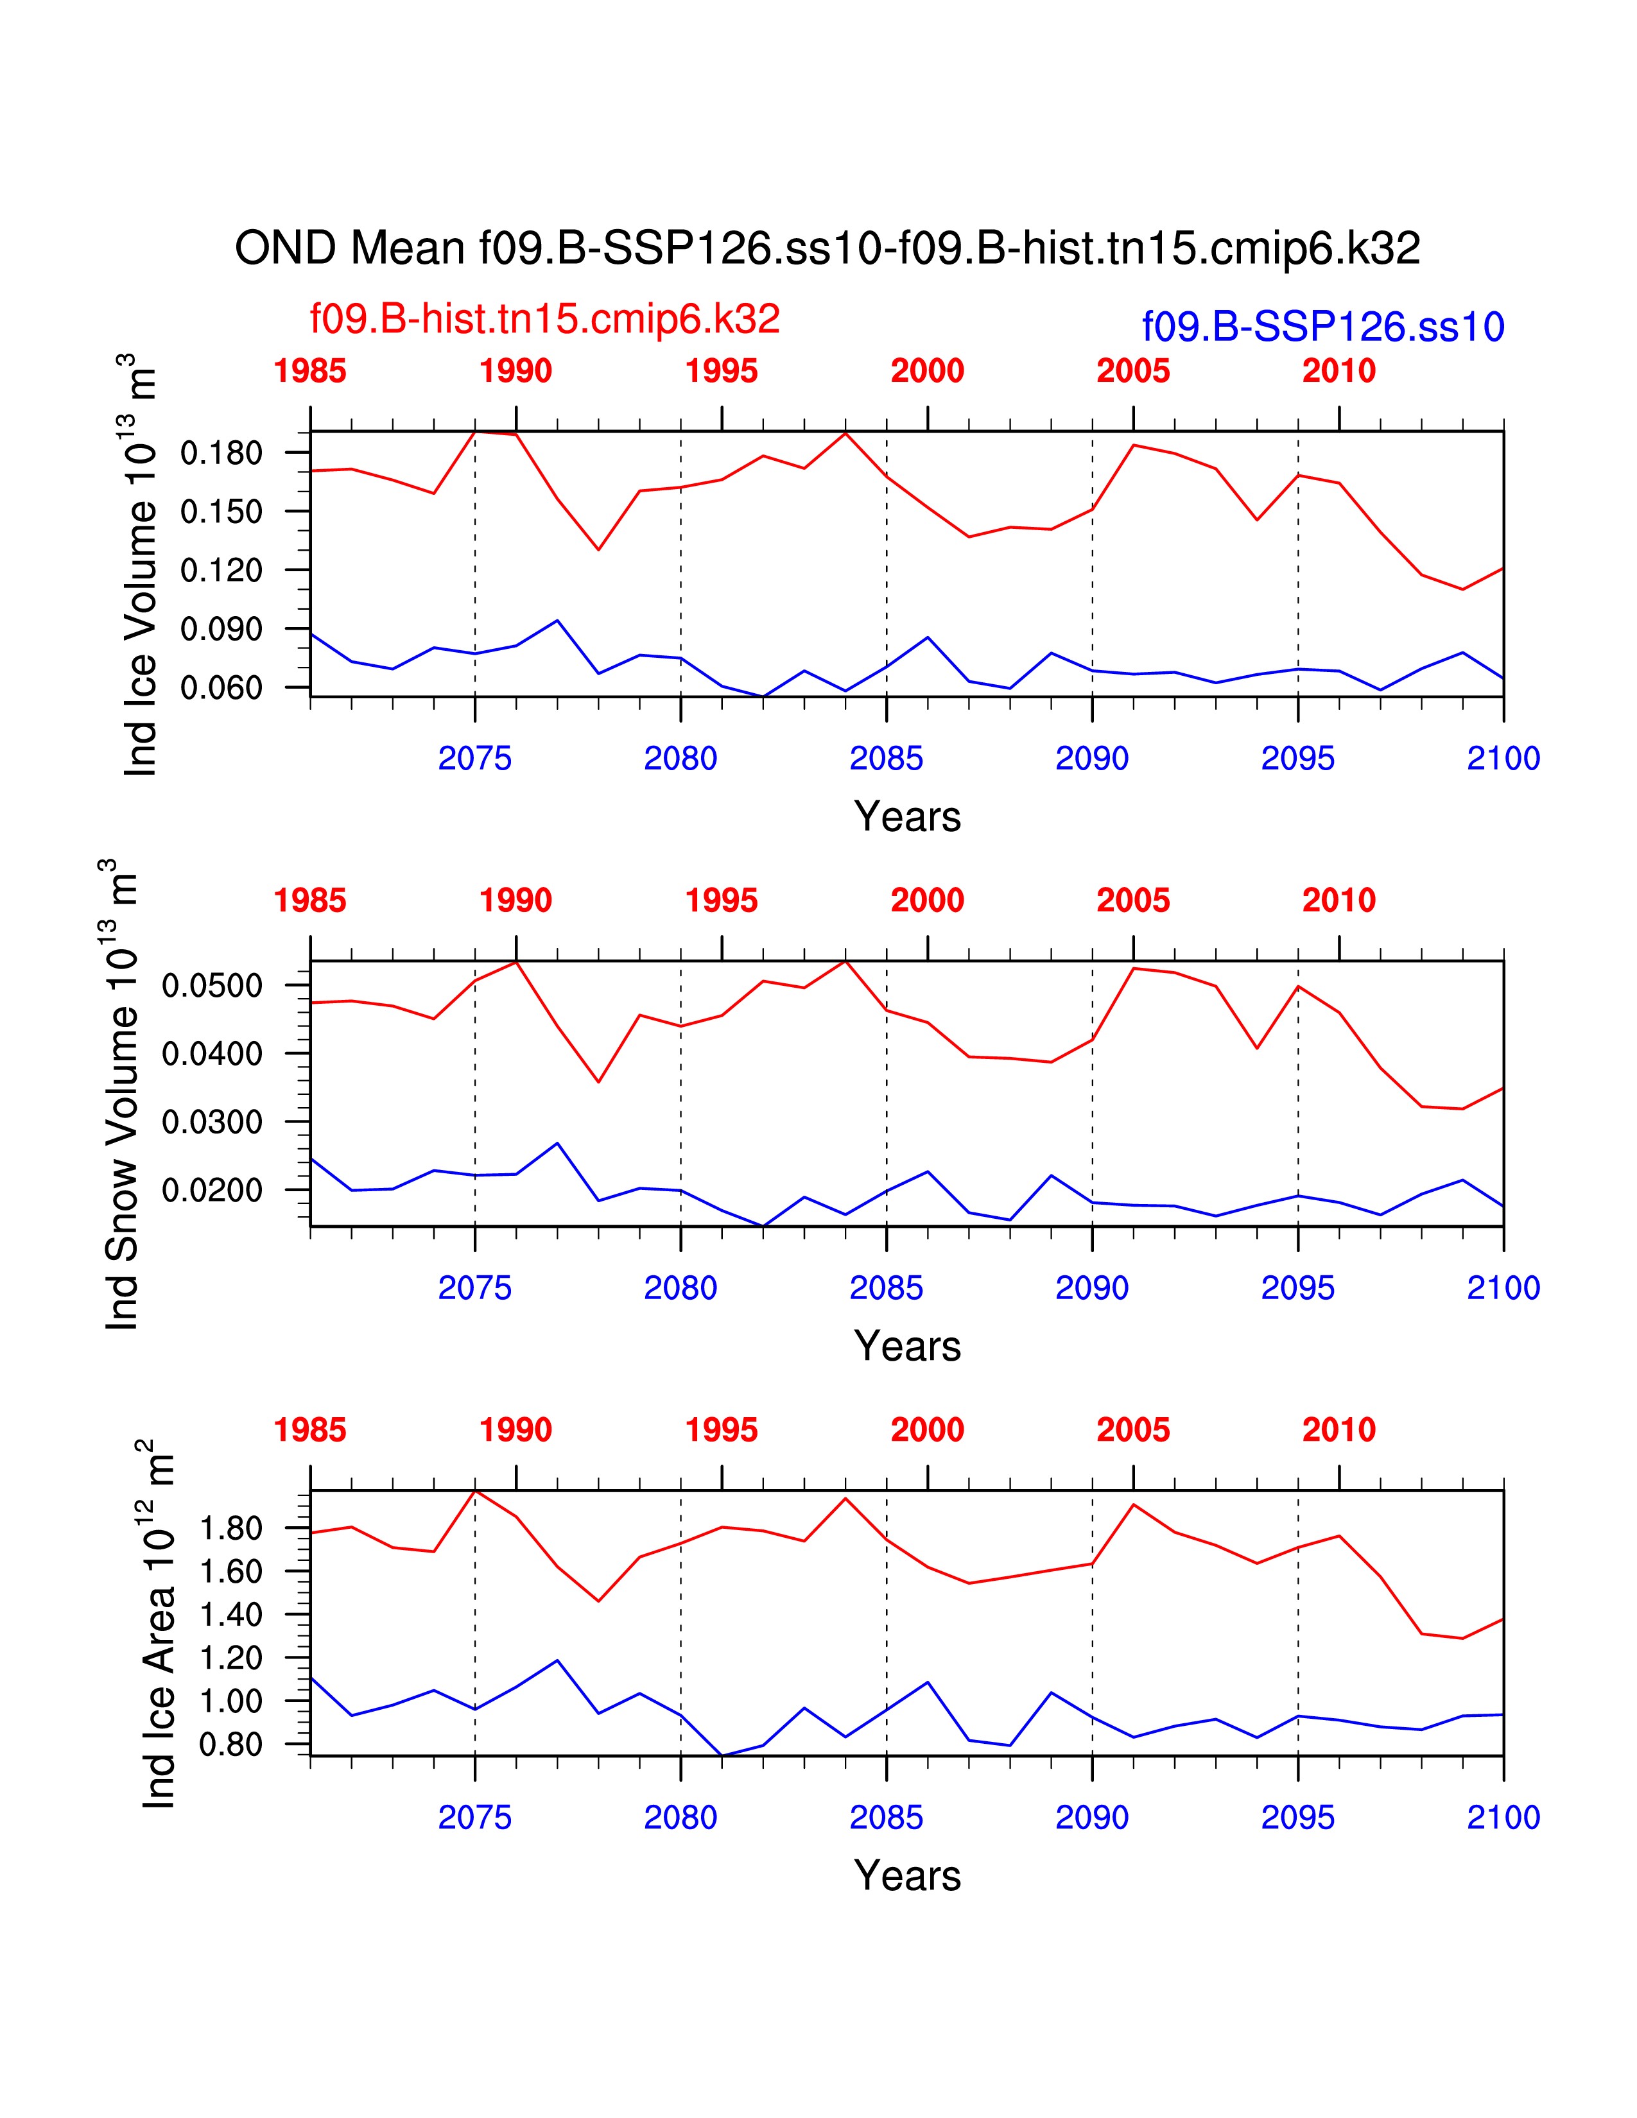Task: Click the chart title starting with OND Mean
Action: tap(827, 248)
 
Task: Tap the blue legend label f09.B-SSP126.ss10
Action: tap(1323, 327)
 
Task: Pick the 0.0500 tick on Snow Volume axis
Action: tap(212, 985)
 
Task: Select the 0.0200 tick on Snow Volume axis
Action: tap(212, 1190)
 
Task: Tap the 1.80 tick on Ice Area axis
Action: tap(231, 1528)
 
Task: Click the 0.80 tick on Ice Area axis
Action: tap(231, 1744)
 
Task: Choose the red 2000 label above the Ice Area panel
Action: tap(927, 1429)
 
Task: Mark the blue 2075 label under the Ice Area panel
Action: tap(474, 1818)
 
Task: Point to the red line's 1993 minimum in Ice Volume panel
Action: tap(598, 550)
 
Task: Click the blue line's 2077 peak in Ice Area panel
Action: tap(558, 1660)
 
